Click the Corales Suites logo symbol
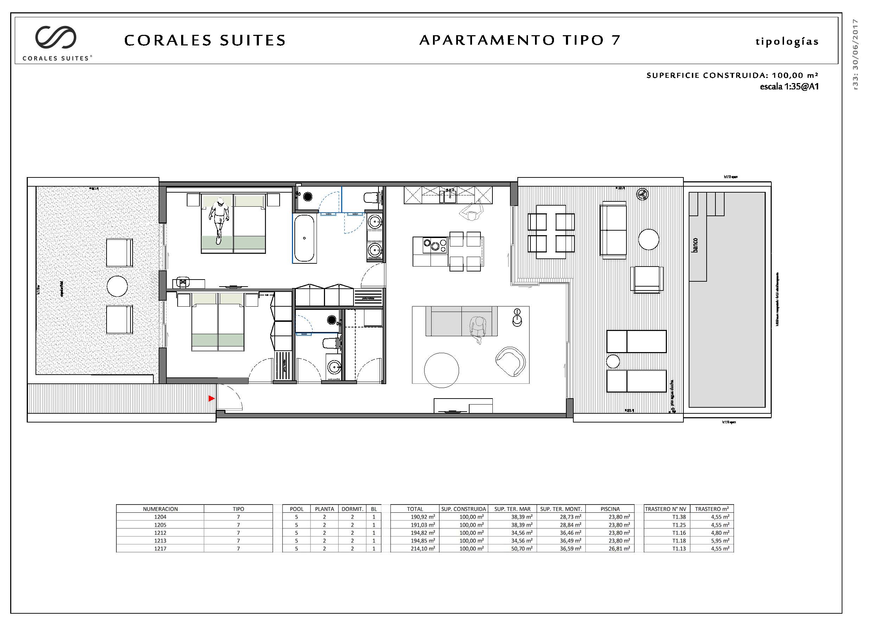(56, 38)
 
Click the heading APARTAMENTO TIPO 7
(520, 40)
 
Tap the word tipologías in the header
(787, 42)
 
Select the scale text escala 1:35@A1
(789, 87)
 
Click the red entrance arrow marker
(211, 399)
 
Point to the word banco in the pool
(695, 245)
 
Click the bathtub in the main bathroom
(304, 238)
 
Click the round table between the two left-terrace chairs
(117, 286)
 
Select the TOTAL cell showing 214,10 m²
(422, 549)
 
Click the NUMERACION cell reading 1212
(160, 533)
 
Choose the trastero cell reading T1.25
(679, 525)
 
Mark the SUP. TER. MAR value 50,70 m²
(522, 549)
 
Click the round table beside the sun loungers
(613, 362)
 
